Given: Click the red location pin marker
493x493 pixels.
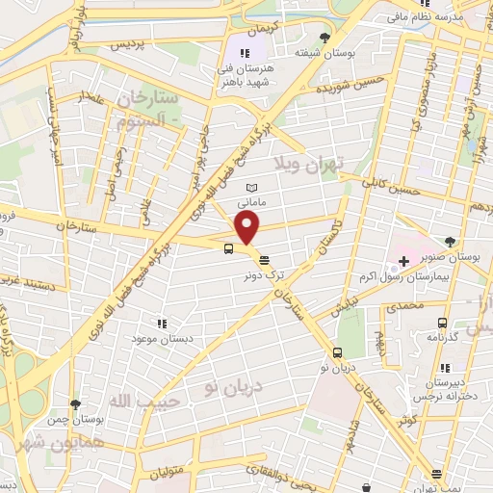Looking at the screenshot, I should click(x=247, y=229).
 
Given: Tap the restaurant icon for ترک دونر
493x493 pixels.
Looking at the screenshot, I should click(x=265, y=259).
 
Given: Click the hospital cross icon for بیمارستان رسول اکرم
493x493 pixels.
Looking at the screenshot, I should click(x=403, y=261).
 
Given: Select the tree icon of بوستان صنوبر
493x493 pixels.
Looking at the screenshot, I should click(x=451, y=242).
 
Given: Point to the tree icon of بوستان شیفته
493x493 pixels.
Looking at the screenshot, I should click(x=324, y=39).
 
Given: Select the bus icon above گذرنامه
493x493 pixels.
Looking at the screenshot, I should click(x=442, y=324).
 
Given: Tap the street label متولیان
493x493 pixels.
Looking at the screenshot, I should click(x=168, y=471).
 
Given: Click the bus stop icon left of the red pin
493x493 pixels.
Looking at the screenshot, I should click(x=228, y=248).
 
